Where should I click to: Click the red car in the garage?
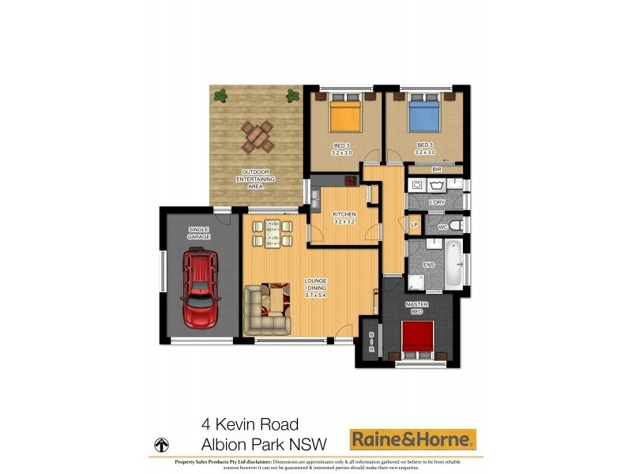(201, 289)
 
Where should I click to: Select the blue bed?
(423, 116)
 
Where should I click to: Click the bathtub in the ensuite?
(453, 265)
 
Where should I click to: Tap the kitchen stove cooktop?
(316, 193)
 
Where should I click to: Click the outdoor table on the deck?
(258, 137)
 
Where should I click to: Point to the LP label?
(414, 225)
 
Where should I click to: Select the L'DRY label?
(437, 203)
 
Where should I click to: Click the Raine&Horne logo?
(413, 438)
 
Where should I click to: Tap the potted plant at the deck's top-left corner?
(220, 96)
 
